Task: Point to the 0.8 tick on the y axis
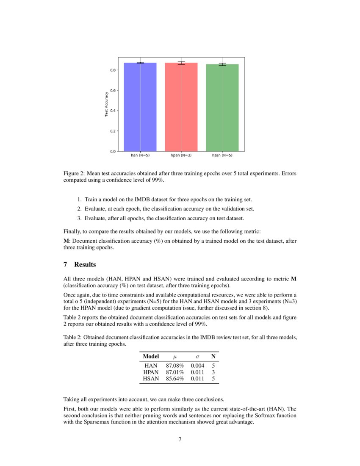114,70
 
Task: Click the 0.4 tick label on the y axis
114,111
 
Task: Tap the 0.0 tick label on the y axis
114,151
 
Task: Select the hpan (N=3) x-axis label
181,155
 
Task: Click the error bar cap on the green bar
222,63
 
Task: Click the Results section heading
85,265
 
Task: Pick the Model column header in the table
151,356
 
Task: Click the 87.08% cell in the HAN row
174,366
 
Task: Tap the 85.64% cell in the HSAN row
174,379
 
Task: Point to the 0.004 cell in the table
197,366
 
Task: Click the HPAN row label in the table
151,372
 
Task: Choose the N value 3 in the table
213,372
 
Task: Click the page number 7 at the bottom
180,439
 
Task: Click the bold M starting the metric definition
66,241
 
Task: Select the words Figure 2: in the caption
75,174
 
